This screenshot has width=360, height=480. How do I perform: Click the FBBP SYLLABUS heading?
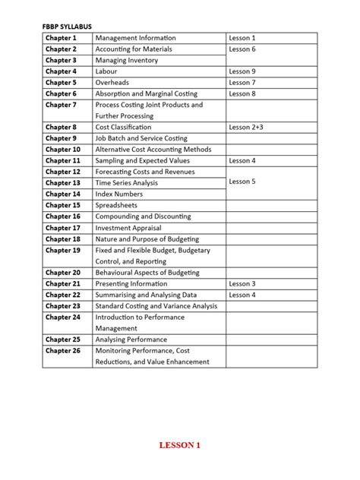point(67,26)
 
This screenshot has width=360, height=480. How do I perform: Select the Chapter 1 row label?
point(61,38)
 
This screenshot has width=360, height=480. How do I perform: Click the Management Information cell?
point(135,38)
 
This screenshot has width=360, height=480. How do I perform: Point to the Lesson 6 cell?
point(242,49)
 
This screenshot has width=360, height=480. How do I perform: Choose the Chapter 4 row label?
point(61,71)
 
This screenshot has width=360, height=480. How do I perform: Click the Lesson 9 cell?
point(242,71)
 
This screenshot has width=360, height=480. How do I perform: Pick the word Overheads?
point(112,83)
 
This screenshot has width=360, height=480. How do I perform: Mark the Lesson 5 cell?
point(242,182)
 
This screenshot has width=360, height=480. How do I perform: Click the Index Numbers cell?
point(118,194)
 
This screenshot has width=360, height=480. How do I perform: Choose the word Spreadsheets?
point(116,205)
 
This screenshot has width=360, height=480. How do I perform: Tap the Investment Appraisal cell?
point(126,228)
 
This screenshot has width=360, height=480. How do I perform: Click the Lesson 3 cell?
point(242,283)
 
